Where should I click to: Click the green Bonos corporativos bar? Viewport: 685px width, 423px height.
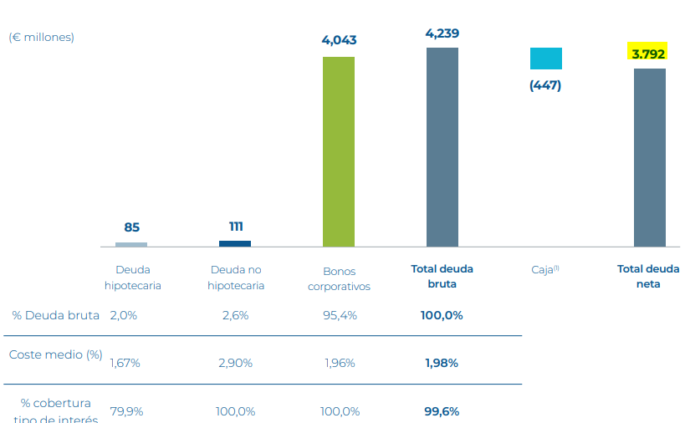(339, 151)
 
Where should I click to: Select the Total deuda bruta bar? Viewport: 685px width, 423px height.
(442, 147)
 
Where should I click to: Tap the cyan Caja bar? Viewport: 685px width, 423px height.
(545, 59)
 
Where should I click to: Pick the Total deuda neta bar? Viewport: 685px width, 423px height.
(649, 157)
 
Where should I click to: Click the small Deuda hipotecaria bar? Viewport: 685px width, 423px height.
(131, 244)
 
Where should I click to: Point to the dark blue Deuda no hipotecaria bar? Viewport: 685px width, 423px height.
(235, 243)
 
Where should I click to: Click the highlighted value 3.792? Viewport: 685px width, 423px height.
(648, 54)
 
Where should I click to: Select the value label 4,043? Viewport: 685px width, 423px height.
(339, 40)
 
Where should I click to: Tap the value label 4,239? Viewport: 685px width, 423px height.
(442, 33)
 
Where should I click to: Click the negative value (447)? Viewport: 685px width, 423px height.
(545, 85)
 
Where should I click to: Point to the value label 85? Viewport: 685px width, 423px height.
(131, 227)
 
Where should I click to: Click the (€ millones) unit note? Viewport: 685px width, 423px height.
(42, 37)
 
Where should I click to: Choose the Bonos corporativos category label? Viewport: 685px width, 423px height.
(339, 278)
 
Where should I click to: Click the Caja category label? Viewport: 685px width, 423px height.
(544, 270)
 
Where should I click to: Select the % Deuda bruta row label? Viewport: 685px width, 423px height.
(56, 315)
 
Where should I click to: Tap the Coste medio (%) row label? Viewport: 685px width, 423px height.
(55, 354)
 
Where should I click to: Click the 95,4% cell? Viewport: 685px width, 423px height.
(340, 315)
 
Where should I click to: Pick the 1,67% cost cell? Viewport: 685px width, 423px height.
(125, 363)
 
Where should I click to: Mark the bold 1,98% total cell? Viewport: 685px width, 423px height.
(442, 363)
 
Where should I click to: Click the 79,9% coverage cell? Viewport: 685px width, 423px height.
(125, 411)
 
